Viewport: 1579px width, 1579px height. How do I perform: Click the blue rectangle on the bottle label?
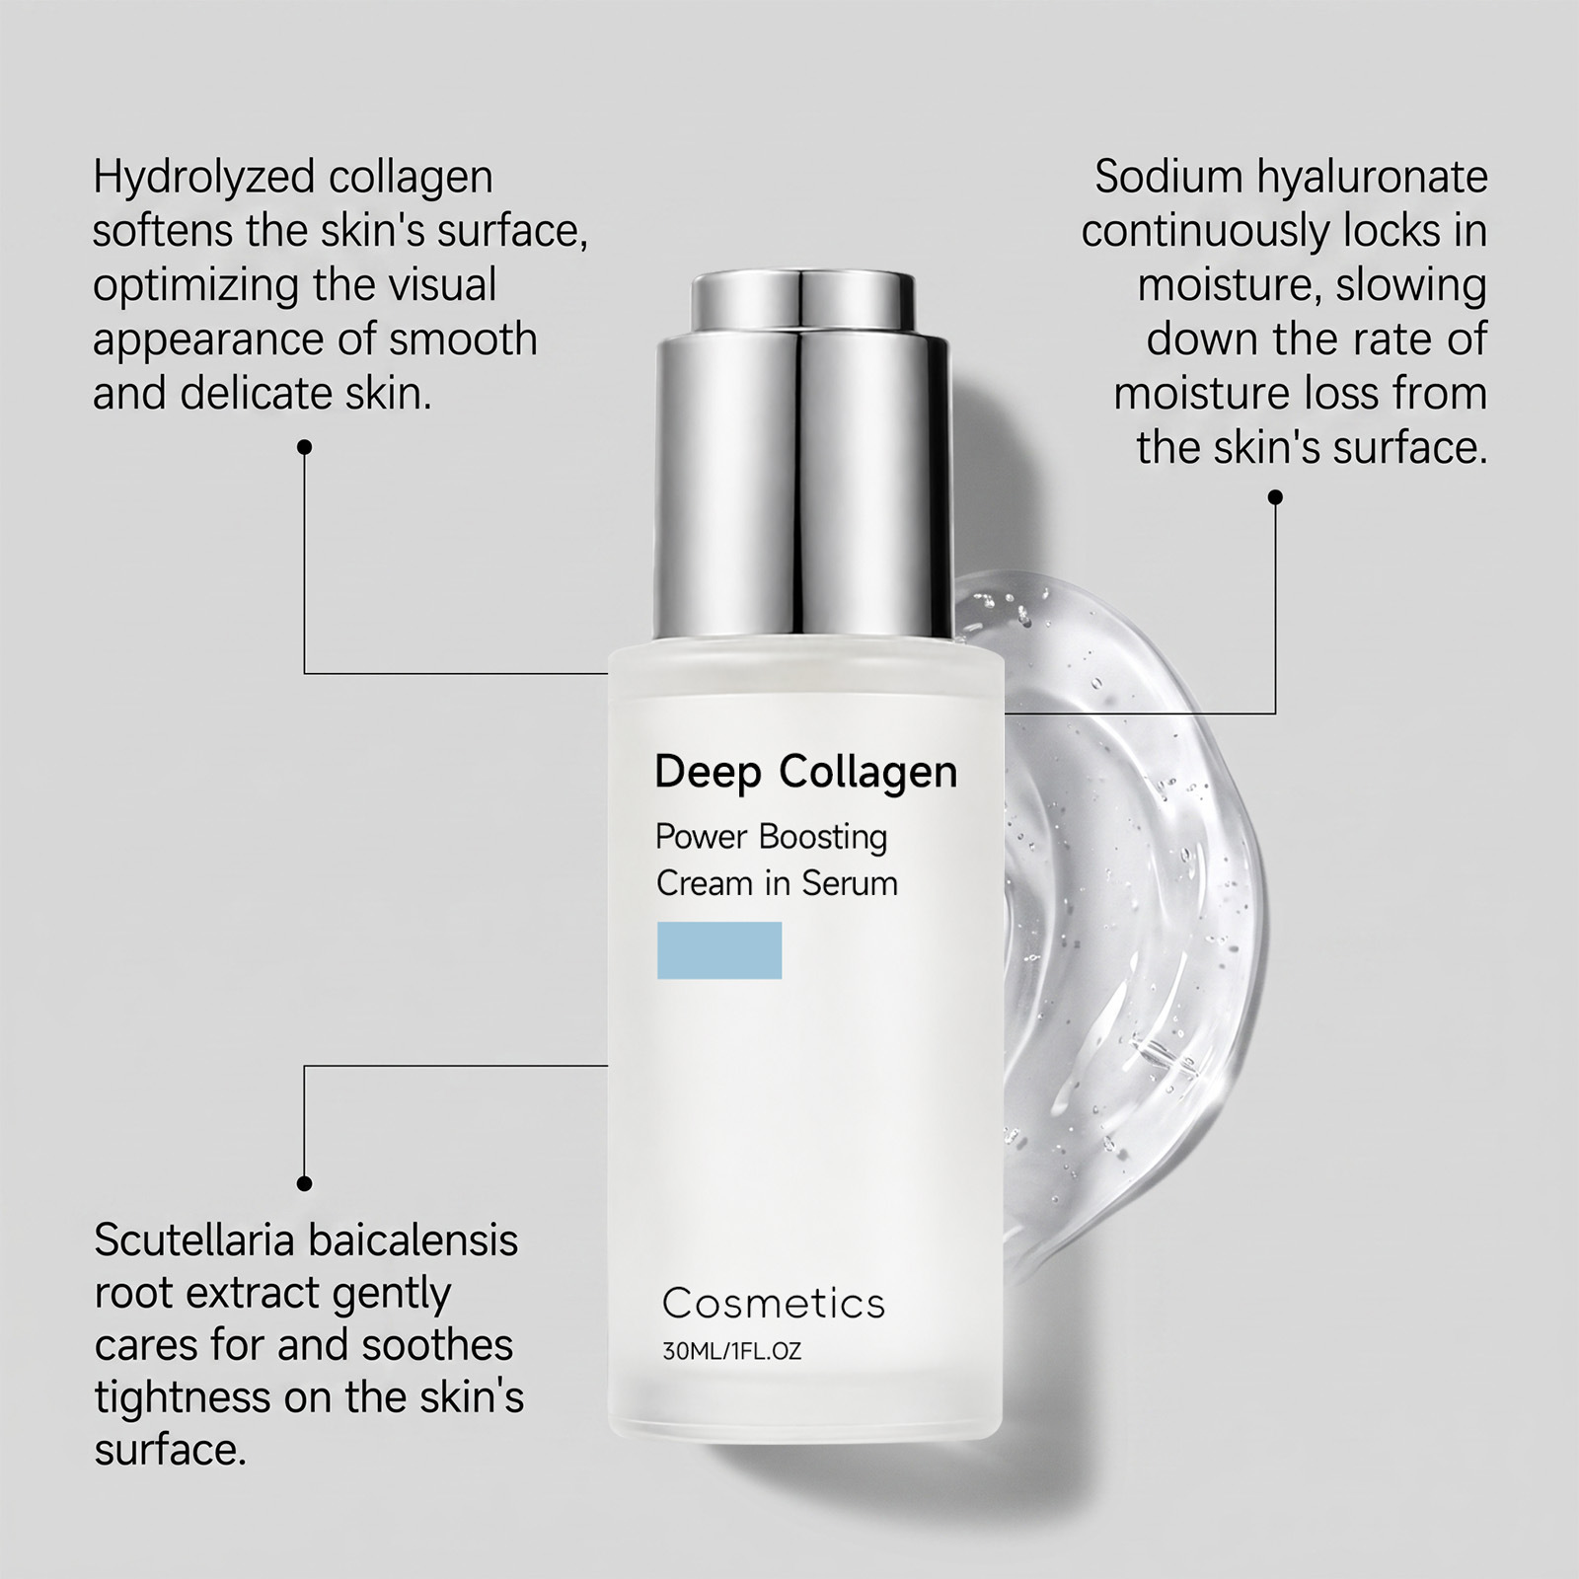pyautogui.click(x=719, y=950)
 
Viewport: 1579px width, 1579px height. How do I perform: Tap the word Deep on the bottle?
pyautogui.click(x=709, y=774)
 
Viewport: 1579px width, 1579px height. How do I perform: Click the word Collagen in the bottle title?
pyautogui.click(x=868, y=774)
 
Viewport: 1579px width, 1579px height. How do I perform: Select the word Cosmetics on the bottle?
pyautogui.click(x=774, y=1304)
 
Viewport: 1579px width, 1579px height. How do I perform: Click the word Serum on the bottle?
pyautogui.click(x=850, y=883)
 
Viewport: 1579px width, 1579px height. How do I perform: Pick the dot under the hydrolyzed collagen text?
pyautogui.click(x=305, y=447)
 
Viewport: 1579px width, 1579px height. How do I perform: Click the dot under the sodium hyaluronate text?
pyautogui.click(x=1275, y=497)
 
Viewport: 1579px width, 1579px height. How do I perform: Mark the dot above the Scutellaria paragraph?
pyautogui.click(x=305, y=1183)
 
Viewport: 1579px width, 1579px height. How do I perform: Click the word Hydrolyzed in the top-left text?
pyautogui.click(x=202, y=179)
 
